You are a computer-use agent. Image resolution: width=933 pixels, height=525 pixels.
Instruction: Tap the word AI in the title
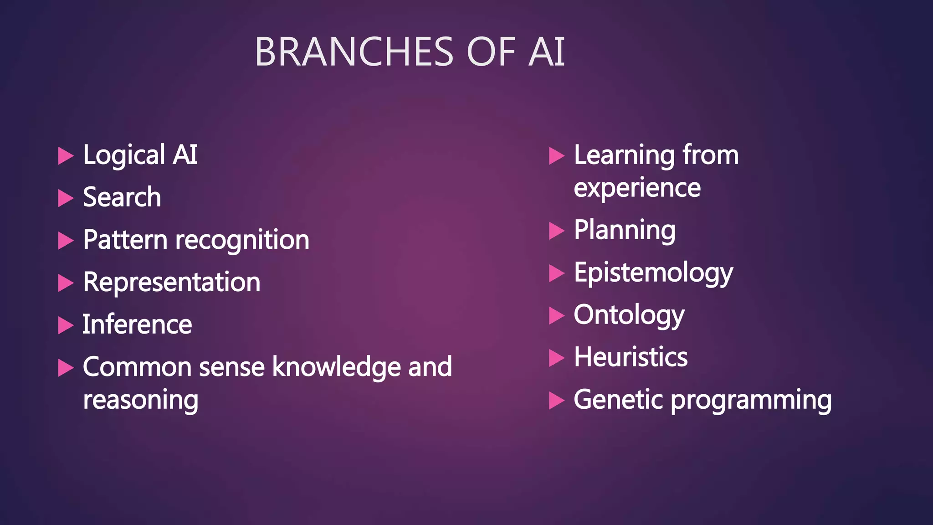pos(547,52)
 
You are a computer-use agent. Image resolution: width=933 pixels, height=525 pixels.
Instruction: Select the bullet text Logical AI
pos(140,155)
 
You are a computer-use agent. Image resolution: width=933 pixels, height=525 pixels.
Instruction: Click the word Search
pos(122,197)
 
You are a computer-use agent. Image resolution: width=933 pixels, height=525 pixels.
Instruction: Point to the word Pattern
pos(125,240)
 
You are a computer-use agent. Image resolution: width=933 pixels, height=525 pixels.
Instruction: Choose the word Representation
pos(172,282)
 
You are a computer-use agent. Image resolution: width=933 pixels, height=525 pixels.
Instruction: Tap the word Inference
pos(137,324)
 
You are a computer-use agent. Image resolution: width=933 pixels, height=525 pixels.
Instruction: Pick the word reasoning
pos(140,401)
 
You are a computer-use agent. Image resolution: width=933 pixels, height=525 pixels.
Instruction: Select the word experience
pos(637,188)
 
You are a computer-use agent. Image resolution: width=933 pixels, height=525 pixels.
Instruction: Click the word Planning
pos(625,230)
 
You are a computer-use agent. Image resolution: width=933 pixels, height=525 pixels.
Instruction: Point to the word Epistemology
pos(653,273)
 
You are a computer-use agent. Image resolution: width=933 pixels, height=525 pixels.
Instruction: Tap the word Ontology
pos(629,315)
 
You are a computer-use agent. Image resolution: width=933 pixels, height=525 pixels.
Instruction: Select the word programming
pos(751,401)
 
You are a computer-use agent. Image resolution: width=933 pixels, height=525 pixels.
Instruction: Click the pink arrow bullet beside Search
pos(66,198)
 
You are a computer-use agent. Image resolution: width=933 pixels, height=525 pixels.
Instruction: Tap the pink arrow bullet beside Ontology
pos(556,315)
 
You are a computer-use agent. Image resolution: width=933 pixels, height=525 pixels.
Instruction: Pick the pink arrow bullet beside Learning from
pos(556,156)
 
